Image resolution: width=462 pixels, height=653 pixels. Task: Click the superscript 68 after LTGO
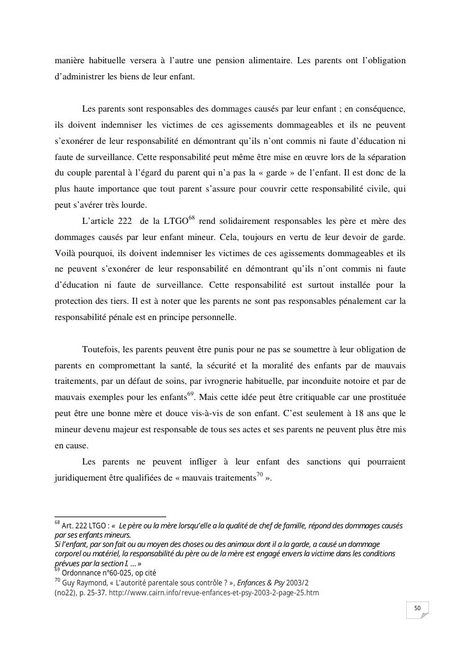192,217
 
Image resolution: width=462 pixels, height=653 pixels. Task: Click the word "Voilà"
66,254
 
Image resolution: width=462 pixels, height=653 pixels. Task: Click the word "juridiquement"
84,478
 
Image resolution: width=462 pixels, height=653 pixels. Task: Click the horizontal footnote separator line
110,517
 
